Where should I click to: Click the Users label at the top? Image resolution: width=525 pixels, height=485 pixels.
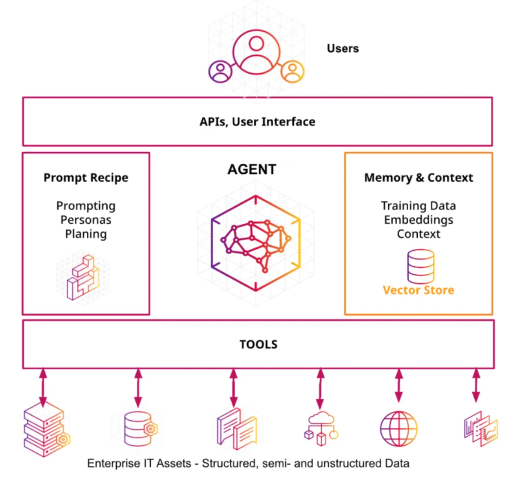(x=343, y=48)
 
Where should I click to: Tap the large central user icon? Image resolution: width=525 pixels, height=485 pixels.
(x=256, y=52)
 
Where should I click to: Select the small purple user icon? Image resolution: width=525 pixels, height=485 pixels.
(x=220, y=71)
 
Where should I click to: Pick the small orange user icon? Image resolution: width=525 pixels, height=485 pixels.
(x=292, y=71)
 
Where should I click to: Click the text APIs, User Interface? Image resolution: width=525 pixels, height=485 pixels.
(x=257, y=121)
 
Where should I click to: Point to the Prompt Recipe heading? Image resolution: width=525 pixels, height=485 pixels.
(x=86, y=178)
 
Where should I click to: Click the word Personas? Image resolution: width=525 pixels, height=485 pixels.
(x=86, y=220)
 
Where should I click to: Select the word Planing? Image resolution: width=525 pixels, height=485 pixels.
(x=86, y=234)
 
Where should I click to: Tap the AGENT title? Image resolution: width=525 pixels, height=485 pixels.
(x=252, y=169)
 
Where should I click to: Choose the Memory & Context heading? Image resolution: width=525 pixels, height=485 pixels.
(x=419, y=178)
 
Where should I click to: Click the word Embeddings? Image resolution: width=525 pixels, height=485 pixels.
(x=419, y=220)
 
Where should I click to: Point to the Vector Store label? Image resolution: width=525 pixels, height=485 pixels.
(x=419, y=290)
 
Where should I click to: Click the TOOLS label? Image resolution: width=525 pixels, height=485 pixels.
(x=258, y=344)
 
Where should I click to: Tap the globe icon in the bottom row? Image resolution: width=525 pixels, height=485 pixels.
(x=398, y=429)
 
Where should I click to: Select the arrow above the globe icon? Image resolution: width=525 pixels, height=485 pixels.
(x=398, y=385)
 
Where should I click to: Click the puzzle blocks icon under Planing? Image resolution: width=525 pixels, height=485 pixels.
(x=83, y=277)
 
